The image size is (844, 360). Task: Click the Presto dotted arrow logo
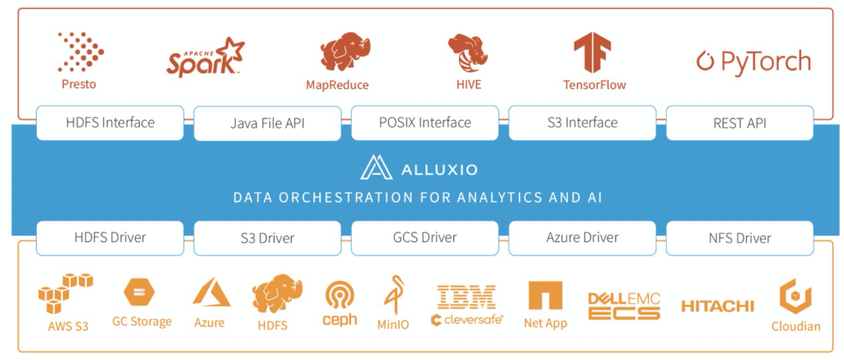80,52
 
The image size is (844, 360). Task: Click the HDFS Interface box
110,123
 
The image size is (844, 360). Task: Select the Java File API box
268,124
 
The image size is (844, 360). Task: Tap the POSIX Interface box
425,123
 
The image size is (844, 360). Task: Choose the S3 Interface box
582,123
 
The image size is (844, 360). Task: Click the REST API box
739,123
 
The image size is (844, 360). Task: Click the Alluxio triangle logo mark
375,168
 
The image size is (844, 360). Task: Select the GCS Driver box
425,237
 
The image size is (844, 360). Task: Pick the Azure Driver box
582,237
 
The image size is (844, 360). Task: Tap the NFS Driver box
739,237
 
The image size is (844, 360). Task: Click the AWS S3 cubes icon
66,292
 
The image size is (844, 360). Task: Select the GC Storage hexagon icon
137,292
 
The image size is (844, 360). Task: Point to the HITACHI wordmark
717,306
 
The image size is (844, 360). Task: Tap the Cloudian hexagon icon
795,296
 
